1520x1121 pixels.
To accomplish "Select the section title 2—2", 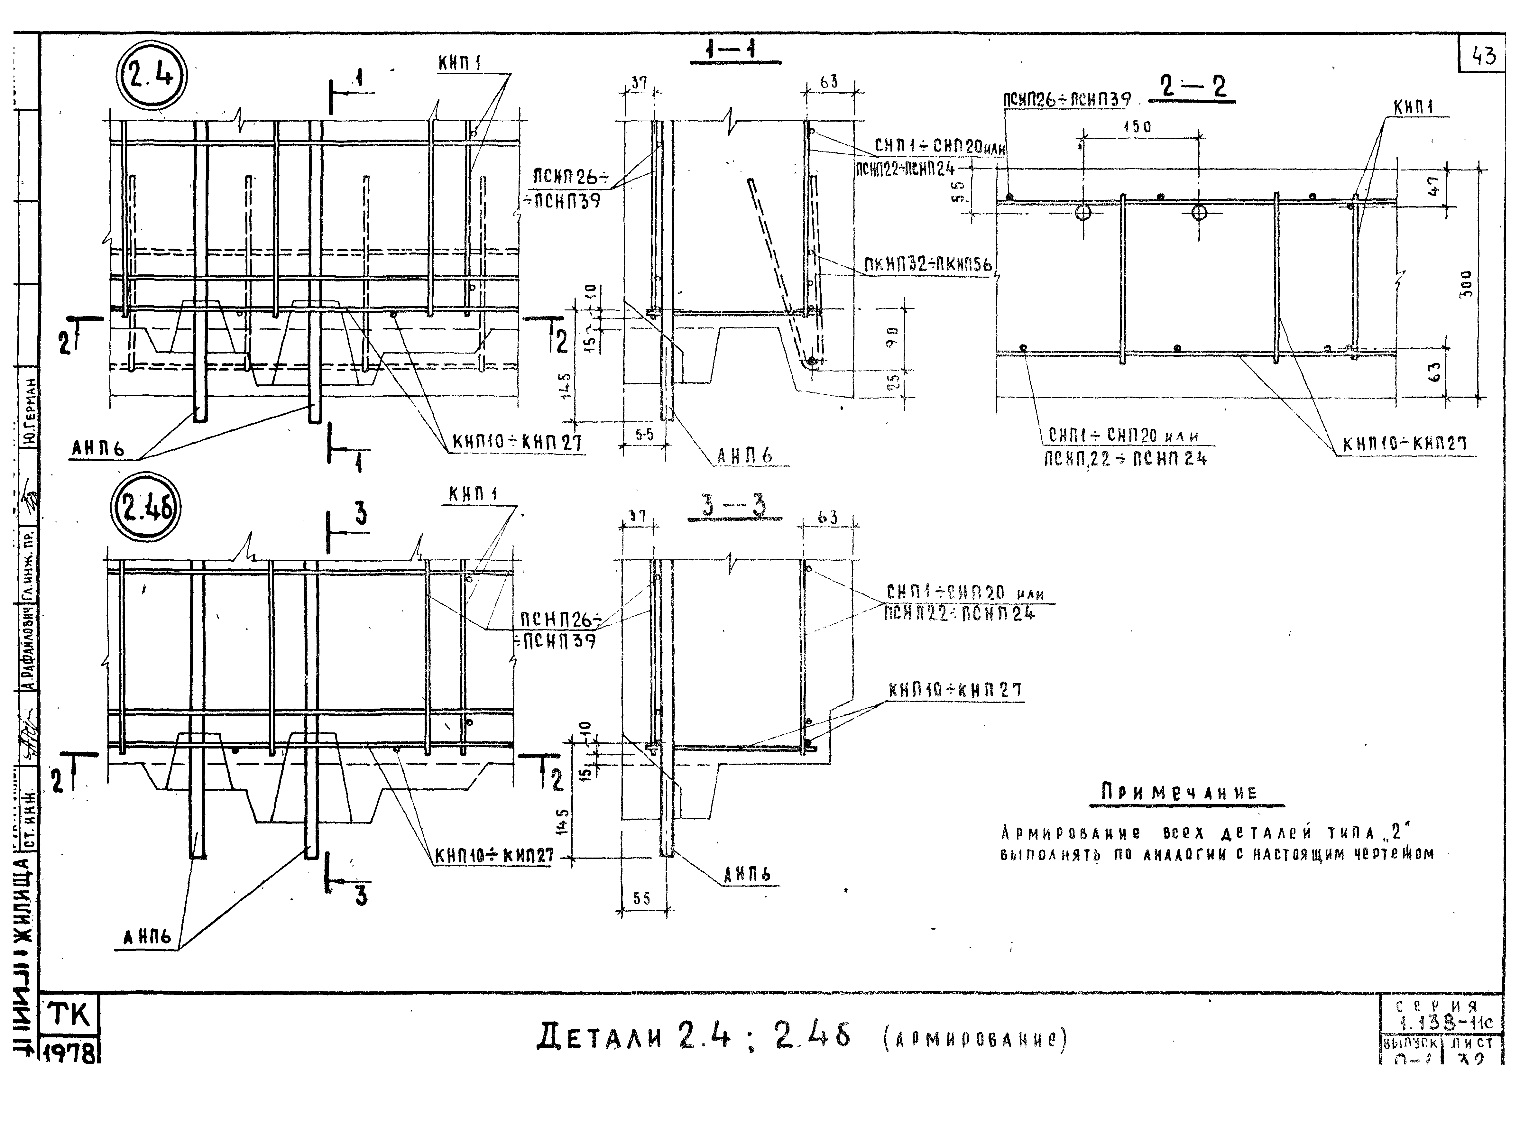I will (1192, 88).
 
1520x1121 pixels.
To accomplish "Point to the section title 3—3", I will (734, 507).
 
